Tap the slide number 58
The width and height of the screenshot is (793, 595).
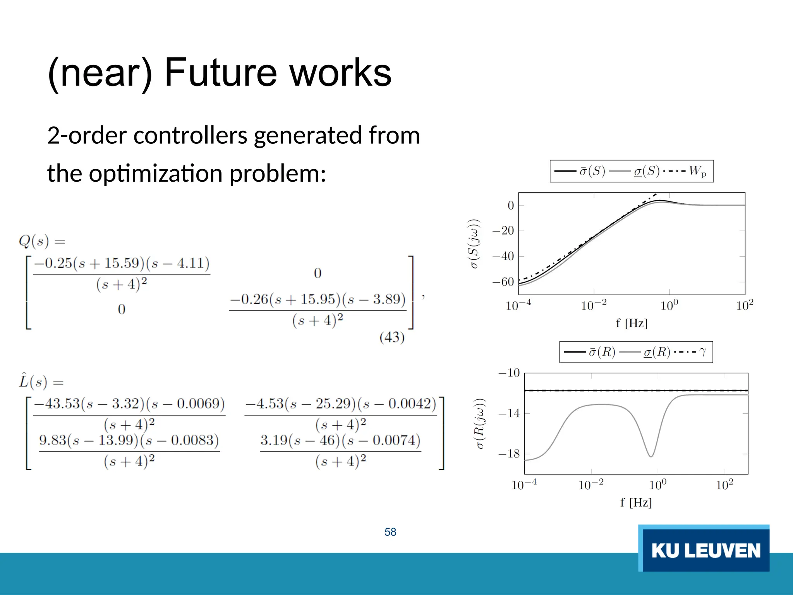click(x=390, y=532)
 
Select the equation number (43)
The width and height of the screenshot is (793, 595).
click(x=392, y=337)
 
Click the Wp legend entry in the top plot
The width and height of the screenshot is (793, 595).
click(x=697, y=171)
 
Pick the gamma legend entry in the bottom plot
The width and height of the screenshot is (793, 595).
click(x=702, y=352)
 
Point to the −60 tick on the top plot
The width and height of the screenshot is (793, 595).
click(x=503, y=282)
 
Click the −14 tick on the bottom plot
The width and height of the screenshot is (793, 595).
click(x=509, y=413)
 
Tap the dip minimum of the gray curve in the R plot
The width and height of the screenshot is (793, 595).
click(x=651, y=456)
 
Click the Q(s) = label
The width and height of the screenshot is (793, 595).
click(x=42, y=241)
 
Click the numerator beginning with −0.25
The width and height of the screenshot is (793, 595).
click(x=122, y=263)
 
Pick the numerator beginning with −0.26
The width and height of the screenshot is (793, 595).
click(x=318, y=299)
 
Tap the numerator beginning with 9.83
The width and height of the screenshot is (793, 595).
click(x=129, y=440)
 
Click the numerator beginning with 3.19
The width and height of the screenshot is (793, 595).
click(x=340, y=440)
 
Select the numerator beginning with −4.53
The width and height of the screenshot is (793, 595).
click(x=340, y=404)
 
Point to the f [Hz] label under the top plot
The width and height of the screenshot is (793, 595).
click(x=632, y=323)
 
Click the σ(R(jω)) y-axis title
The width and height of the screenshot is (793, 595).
click(x=480, y=423)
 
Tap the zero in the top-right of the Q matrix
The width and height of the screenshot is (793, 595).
click(x=318, y=273)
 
